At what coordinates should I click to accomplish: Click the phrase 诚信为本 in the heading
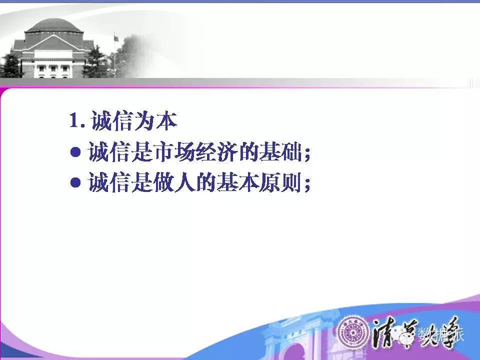tap(134, 120)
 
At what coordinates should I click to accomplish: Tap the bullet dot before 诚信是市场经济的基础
tap(75, 152)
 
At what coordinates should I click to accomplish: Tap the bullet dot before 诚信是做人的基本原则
tap(75, 183)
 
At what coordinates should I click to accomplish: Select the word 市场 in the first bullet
tap(174, 151)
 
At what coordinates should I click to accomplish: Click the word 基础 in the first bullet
tap(280, 151)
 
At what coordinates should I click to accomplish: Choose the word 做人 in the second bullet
tap(174, 182)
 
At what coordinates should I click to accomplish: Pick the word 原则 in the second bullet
tap(280, 182)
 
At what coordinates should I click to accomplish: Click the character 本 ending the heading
tap(167, 120)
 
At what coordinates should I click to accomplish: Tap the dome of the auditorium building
tap(54, 25)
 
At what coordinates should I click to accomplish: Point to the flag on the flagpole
tap(116, 38)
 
